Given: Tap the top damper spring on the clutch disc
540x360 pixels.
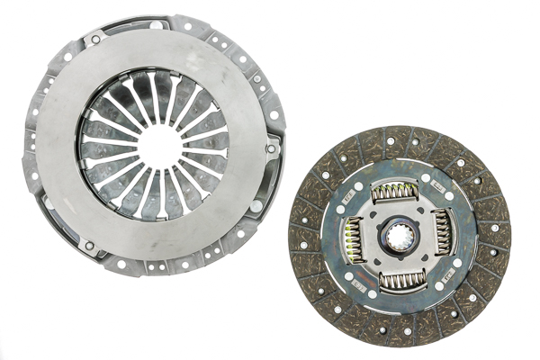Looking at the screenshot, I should click(398, 192).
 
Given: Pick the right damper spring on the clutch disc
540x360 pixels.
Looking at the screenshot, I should click(444, 237).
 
